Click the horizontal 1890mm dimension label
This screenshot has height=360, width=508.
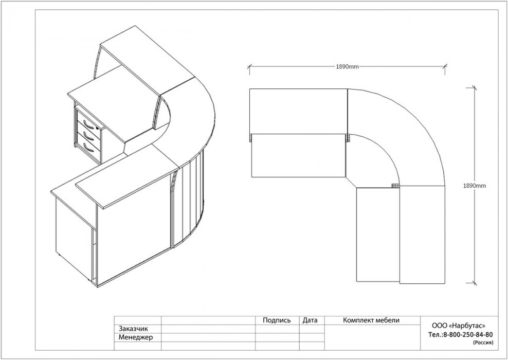tap(347, 67)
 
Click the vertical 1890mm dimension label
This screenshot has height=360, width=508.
tap(475, 186)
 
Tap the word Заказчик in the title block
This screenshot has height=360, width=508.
tap(134, 329)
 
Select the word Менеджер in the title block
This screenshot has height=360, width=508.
tap(136, 337)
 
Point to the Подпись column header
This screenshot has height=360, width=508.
tap(277, 320)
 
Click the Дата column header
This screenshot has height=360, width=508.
tap(310, 320)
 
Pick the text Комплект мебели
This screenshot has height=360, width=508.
tap(371, 320)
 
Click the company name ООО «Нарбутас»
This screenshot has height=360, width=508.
tap(459, 326)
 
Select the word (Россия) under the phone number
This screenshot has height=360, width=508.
tap(483, 342)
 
